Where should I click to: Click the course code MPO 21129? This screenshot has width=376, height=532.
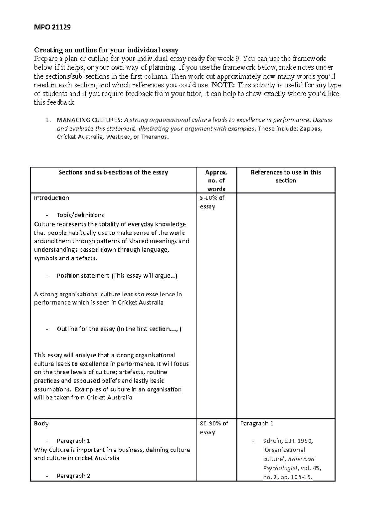(52, 27)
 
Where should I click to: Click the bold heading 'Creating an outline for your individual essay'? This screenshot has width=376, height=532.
(106, 50)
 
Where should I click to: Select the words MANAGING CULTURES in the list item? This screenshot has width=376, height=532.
(90, 120)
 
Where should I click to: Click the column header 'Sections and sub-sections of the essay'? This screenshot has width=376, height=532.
(113, 172)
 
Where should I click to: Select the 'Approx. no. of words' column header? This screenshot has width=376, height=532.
(216, 180)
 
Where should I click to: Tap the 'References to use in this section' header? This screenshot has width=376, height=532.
(286, 176)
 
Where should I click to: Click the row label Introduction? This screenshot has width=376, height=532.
(51, 198)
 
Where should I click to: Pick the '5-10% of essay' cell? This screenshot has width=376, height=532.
(212, 202)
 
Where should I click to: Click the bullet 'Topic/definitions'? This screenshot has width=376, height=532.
(80, 215)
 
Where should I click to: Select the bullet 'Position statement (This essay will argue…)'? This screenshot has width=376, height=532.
(117, 276)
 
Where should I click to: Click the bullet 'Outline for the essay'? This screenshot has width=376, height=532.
(119, 329)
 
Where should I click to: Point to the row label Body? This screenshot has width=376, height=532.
(41, 424)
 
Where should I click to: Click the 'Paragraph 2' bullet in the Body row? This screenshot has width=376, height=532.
(73, 476)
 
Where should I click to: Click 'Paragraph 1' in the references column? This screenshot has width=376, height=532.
(257, 424)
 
